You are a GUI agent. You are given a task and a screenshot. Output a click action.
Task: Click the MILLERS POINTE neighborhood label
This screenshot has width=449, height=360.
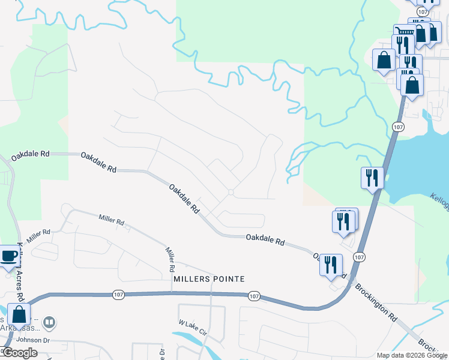click(209, 279)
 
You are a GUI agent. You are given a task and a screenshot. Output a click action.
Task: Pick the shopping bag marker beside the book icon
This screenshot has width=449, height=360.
click(19, 314)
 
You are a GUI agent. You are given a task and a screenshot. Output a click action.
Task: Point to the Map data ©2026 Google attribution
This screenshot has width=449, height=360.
click(412, 355)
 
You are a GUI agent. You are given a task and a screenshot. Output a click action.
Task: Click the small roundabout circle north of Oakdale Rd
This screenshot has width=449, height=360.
click(231, 192)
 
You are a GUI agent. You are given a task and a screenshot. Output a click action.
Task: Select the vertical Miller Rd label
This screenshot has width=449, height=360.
click(170, 255)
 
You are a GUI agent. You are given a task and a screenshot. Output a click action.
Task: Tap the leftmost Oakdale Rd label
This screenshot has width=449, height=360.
click(30, 154)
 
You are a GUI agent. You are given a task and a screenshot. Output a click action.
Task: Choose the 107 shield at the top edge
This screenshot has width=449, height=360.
click(424, 12)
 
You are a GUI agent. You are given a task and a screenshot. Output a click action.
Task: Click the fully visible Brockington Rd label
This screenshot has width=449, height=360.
click(376, 300)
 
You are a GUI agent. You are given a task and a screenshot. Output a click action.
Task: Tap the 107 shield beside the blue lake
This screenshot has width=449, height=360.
click(398, 127)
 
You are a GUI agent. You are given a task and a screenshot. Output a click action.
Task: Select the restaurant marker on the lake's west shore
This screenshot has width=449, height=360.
click(372, 178)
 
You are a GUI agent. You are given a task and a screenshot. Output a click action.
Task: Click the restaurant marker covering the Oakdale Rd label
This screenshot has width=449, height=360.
click(330, 264)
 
